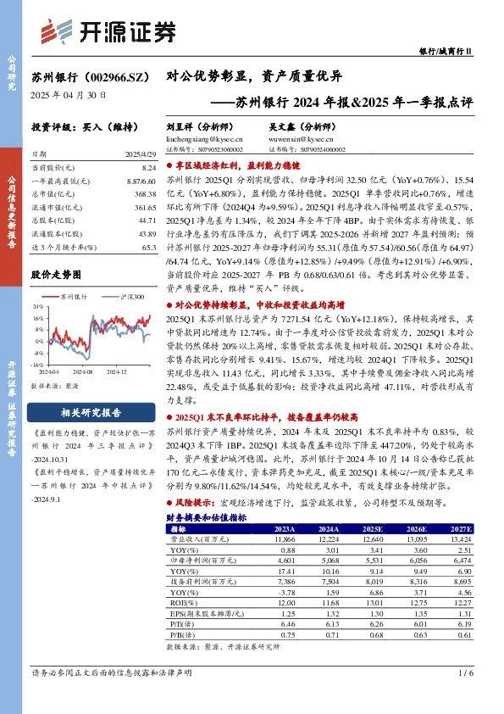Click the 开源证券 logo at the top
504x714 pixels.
pos(108,31)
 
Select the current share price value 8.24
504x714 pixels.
pos(149,170)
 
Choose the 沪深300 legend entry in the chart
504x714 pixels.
pos(127,298)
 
